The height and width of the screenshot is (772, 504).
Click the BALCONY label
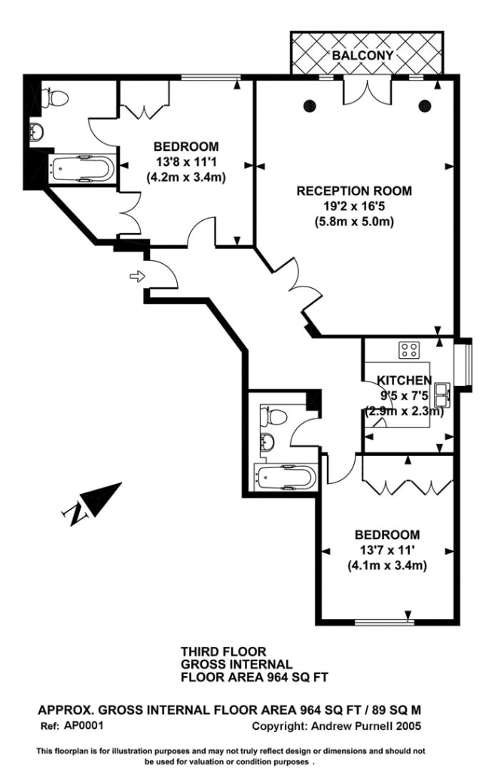tap(362, 55)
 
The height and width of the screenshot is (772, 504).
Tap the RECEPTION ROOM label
tap(354, 191)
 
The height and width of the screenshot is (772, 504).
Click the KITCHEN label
tap(404, 380)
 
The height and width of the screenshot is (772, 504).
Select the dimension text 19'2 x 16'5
tap(354, 206)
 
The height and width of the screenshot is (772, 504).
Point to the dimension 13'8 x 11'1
tap(186, 161)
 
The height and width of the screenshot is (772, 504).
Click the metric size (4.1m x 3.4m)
tap(387, 565)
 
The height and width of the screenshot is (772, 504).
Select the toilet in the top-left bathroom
tap(54, 97)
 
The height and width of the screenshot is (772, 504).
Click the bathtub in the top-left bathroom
tap(83, 169)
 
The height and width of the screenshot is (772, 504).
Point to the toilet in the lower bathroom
tap(273, 416)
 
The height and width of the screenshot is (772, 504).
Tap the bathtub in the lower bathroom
tap(286, 477)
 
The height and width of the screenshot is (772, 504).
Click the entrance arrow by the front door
tap(137, 276)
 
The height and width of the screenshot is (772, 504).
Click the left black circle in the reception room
tap(310, 106)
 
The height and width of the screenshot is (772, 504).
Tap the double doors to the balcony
tap(367, 90)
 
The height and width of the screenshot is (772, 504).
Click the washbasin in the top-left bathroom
tap(37, 131)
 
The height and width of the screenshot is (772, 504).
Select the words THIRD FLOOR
tap(224, 652)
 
